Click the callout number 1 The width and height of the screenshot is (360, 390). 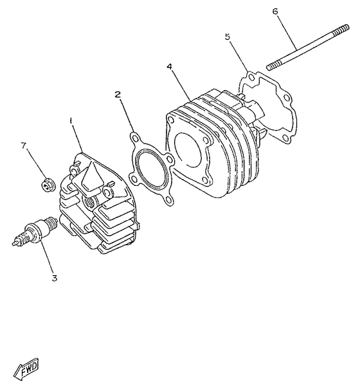click(72, 120)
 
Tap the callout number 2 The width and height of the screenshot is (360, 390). click(118, 95)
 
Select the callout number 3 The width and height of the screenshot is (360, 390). click(55, 278)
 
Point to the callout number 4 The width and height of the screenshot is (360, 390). click(170, 66)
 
